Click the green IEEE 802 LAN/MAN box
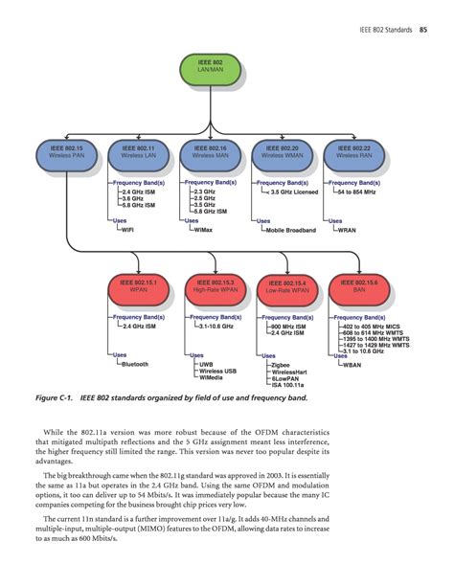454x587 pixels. [210, 69]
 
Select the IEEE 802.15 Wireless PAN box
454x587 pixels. [66, 152]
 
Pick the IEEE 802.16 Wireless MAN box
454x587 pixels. [210, 152]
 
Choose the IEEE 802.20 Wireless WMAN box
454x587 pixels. [281, 152]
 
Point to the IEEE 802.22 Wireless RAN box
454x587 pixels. [353, 152]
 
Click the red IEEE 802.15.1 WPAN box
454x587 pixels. [139, 286]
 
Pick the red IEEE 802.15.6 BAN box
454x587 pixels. [359, 286]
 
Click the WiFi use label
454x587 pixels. [127, 230]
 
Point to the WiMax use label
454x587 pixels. [202, 230]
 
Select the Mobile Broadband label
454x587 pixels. [292, 230]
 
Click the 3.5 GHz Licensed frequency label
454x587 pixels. [295, 192]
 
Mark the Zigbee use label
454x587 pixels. [281, 364]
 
